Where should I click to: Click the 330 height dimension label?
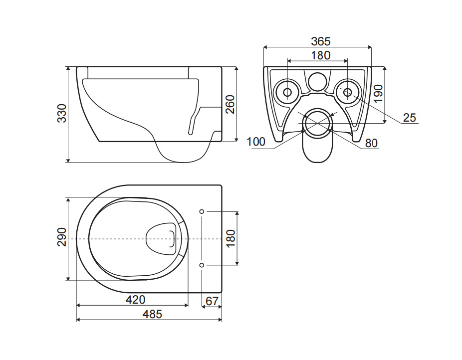click(x=62, y=113)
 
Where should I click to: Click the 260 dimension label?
click(x=230, y=104)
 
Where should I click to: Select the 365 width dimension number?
click(x=321, y=41)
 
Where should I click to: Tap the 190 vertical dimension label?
click(x=378, y=93)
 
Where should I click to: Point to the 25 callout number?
click(x=409, y=118)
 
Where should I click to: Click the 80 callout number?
click(x=371, y=143)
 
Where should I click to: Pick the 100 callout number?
click(x=256, y=142)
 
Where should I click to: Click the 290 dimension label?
click(x=62, y=237)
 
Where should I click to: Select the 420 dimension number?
click(x=136, y=300)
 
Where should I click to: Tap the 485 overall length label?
click(x=152, y=314)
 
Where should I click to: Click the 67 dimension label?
click(x=212, y=301)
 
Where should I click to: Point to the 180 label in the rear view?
click(x=321, y=55)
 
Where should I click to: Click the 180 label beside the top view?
click(x=231, y=238)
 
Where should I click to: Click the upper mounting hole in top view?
click(x=202, y=211)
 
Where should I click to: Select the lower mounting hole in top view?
click(x=202, y=265)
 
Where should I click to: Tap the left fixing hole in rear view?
click(x=287, y=92)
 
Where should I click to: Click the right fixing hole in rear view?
click(x=348, y=92)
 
